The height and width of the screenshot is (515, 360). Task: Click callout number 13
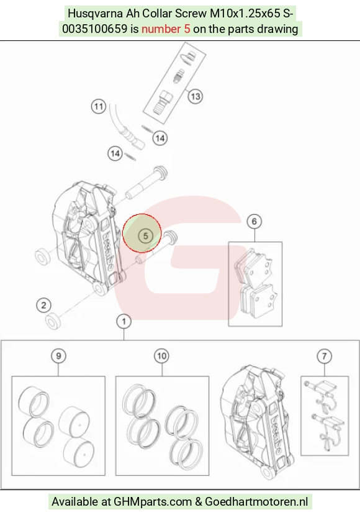point(195,96)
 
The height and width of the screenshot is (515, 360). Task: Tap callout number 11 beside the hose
point(99,106)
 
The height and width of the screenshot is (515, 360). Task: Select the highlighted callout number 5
point(145,236)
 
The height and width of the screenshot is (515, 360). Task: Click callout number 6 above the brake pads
point(254,222)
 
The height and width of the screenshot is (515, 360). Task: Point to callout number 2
point(43,306)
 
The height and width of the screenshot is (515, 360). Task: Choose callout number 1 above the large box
point(124,321)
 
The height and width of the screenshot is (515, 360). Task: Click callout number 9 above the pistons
point(58,356)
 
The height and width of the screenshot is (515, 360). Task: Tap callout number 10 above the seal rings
point(161,356)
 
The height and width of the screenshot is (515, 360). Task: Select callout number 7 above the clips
point(324,356)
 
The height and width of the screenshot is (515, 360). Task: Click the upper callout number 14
point(160,138)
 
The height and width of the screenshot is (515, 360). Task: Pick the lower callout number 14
point(115,153)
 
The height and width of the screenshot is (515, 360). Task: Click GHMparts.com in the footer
point(153,502)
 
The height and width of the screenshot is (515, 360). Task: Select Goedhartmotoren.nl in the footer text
point(256,502)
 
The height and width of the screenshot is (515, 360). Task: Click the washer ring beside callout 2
point(53,321)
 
